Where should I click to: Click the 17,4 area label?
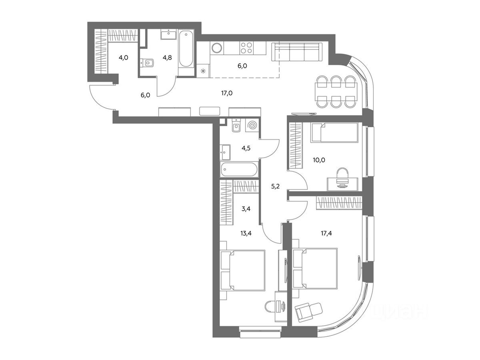coord(326,234)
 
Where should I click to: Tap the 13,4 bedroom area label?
coord(246,234)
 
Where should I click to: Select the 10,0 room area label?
coord(319,160)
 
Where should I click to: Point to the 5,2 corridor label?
coord(275,186)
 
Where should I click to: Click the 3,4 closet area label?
coord(246,209)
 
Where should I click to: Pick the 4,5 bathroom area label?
coord(246,148)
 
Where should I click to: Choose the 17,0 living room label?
coord(227,93)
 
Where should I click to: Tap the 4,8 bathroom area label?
coord(167,58)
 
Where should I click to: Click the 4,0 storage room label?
coord(123,58)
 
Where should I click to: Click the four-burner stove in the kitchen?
coord(246,48)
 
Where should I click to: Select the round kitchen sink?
coord(217,48)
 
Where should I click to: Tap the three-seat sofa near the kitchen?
coord(297,52)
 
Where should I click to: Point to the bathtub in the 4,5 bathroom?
coord(239,169)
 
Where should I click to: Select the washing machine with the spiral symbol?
coord(252,126)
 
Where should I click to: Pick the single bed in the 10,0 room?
coord(334,132)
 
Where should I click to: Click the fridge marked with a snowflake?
coord(203,71)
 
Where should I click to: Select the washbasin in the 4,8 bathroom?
coord(169,34)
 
